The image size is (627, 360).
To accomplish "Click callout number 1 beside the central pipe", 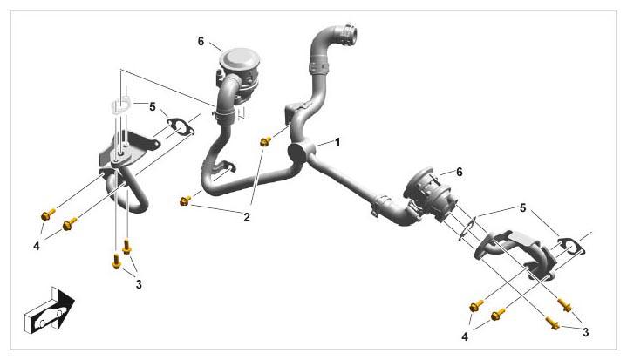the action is click(337, 142).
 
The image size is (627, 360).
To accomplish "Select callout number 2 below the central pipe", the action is click(247, 217).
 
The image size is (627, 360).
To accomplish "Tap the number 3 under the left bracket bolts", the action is click(139, 284).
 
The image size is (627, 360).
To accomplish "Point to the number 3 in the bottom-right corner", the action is click(585, 332).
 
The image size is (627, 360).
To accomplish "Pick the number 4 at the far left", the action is click(37, 246).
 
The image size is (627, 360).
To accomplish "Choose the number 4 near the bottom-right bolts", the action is click(465, 336).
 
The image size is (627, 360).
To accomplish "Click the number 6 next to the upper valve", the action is click(201, 41).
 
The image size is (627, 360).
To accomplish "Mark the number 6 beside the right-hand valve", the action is click(459, 173).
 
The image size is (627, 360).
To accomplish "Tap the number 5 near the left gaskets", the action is click(152, 106).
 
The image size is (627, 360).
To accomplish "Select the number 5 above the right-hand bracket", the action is click(522, 207).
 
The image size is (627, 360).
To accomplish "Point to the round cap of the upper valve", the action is click(240, 58).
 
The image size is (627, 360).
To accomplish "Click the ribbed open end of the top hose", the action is click(346, 34).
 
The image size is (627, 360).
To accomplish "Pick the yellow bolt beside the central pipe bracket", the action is click(265, 141).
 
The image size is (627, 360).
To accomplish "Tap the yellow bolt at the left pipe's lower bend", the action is click(185, 200).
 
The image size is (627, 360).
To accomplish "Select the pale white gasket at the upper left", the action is click(120, 107).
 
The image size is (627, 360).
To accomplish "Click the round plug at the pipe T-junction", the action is click(298, 153).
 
